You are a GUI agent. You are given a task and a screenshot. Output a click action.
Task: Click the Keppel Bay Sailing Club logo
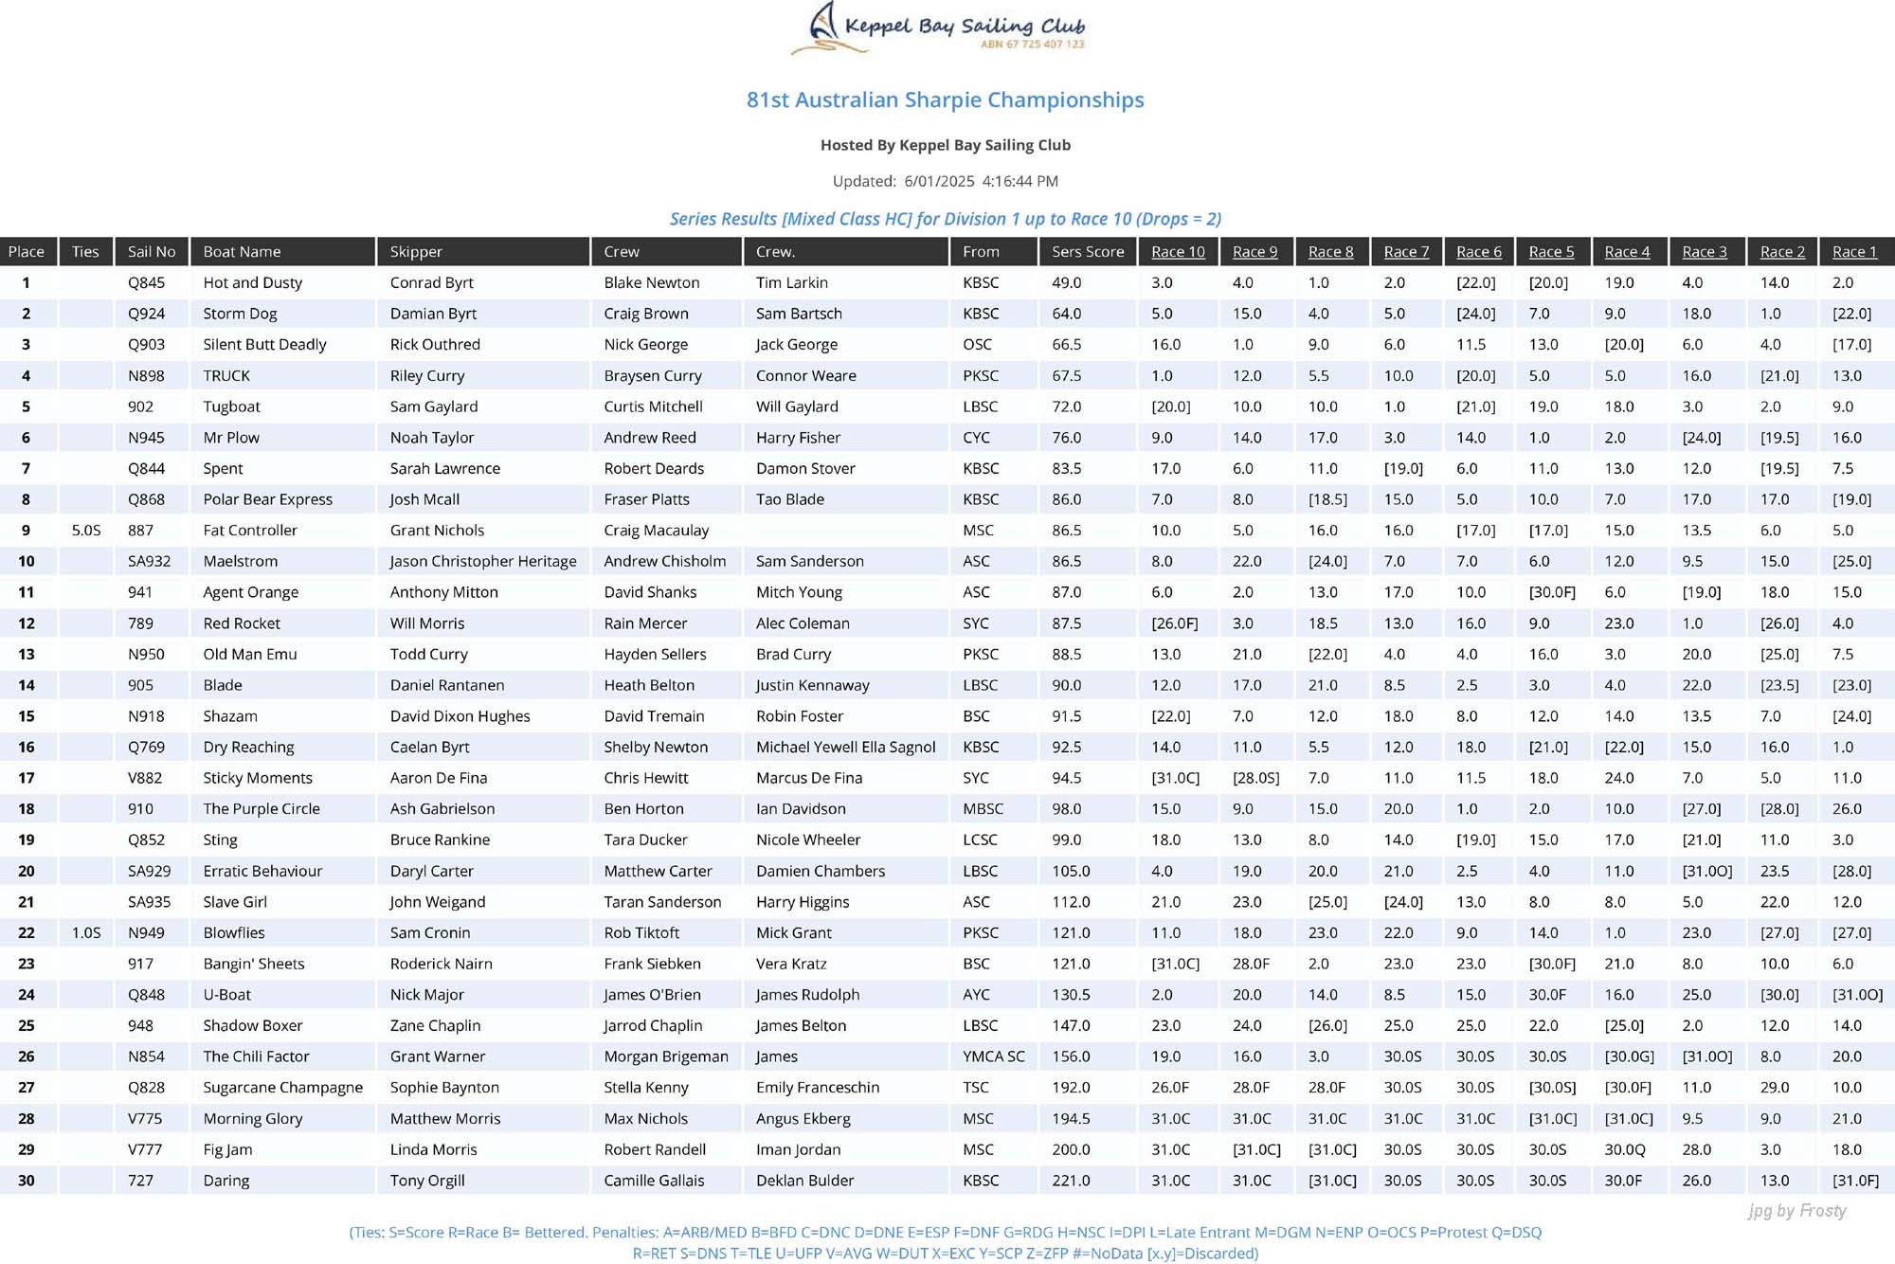click(938, 28)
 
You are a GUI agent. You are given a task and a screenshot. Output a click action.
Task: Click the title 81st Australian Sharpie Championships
click(945, 99)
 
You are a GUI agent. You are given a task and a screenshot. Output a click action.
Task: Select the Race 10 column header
click(1178, 251)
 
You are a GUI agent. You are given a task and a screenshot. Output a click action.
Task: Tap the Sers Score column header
click(1088, 251)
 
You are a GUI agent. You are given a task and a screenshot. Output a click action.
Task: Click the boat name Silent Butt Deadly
click(264, 344)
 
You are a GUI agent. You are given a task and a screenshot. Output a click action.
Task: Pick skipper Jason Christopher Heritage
click(483, 561)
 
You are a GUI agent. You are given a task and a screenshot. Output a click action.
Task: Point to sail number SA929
click(150, 871)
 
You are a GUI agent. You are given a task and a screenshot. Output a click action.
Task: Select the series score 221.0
click(1071, 1181)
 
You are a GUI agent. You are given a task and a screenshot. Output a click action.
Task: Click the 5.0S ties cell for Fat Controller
click(86, 531)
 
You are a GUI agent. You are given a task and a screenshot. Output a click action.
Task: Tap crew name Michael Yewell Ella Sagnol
click(845, 747)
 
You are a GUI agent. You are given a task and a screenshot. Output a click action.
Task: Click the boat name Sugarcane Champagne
click(282, 1088)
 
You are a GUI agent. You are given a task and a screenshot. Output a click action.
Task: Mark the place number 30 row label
click(27, 1181)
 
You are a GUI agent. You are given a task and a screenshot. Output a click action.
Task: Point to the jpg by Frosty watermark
click(1796, 1211)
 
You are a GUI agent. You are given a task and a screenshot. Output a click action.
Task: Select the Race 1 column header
click(1854, 251)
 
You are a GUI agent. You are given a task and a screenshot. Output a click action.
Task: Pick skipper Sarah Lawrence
click(444, 468)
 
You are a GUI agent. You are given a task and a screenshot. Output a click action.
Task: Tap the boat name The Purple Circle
click(262, 809)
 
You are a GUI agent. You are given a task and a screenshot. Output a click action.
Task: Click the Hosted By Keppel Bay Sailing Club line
click(945, 145)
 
